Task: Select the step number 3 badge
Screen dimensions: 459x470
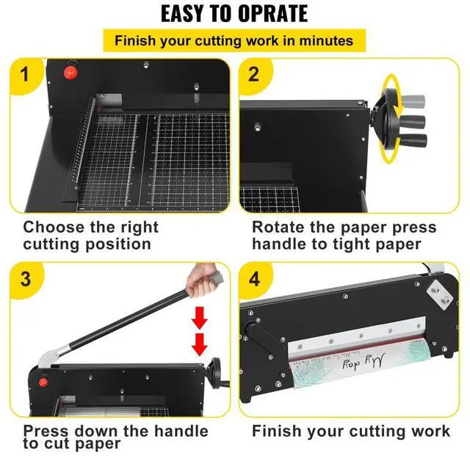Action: click(26, 280)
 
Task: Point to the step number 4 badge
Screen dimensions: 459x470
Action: click(254, 280)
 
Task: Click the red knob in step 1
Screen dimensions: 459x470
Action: click(72, 73)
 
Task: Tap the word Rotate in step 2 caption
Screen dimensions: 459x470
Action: click(281, 228)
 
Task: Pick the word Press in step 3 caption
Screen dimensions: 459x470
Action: click(48, 430)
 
